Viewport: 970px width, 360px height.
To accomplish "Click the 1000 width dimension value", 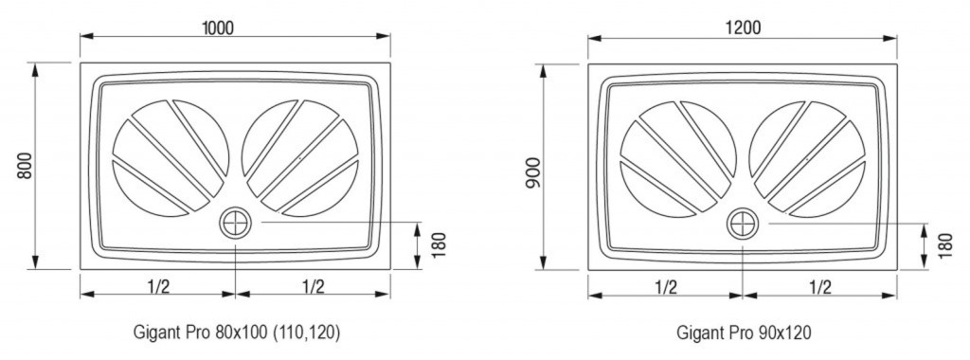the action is [218, 27].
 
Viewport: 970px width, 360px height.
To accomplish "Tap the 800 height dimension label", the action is [25, 165].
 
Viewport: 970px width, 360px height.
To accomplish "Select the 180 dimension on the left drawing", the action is [438, 245].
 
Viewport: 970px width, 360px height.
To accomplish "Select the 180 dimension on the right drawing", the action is [946, 245].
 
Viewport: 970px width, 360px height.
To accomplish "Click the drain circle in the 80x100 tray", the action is [235, 223].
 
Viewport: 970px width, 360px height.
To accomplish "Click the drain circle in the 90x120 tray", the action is [743, 224].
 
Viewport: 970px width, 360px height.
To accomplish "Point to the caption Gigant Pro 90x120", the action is [744, 333].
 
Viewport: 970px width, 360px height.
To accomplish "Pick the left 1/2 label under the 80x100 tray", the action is [158, 286].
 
